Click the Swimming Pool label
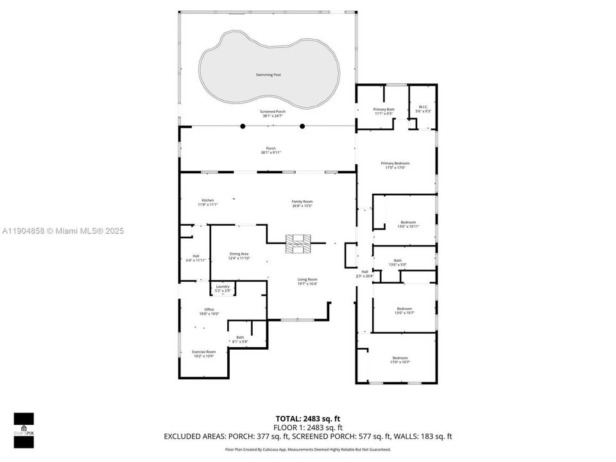point(268,75)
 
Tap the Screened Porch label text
point(273,112)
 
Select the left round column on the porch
point(243,126)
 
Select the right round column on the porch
point(302,126)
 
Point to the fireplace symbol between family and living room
point(298,243)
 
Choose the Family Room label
point(302,201)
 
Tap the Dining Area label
point(239,254)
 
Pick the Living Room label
point(307,279)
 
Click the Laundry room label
point(223,286)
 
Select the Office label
point(209,309)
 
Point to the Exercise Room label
point(204,352)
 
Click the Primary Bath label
point(384,109)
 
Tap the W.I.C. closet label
point(423,107)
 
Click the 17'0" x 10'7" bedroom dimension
point(400,362)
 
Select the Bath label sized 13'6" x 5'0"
point(398,261)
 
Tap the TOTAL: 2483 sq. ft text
point(309,418)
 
